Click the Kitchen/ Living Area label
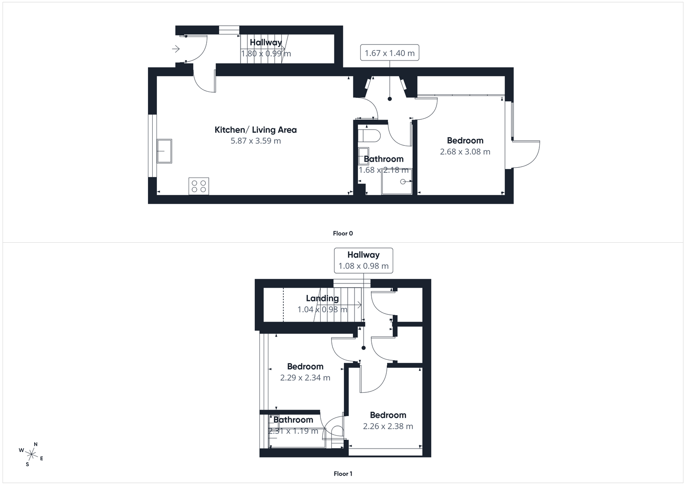[x=256, y=130]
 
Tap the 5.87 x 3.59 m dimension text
[x=256, y=141]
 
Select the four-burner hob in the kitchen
[x=199, y=186]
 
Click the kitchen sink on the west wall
[x=164, y=151]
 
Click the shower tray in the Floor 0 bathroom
[x=397, y=181]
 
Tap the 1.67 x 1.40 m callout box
[x=389, y=53]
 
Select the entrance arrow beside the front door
[x=176, y=49]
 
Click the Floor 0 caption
[x=343, y=233]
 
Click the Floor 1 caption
[x=343, y=474]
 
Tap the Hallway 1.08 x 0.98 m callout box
[x=364, y=260]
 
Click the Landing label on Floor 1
[x=322, y=298]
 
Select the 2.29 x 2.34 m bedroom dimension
[x=305, y=378]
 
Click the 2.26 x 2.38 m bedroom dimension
[x=388, y=426]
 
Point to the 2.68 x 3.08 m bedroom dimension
[x=465, y=151]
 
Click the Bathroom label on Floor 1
[x=293, y=420]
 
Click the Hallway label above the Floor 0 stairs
[x=266, y=42]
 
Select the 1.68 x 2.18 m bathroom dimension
[x=383, y=170]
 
